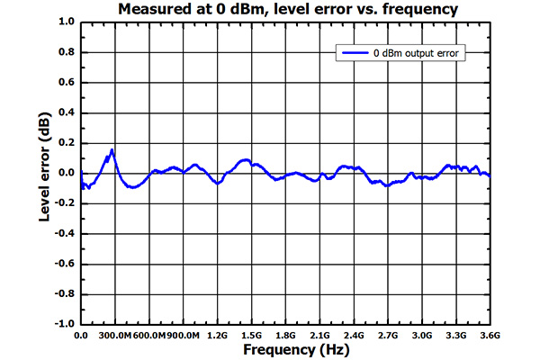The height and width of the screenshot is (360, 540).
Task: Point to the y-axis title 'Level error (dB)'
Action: pyautogui.click(x=44, y=172)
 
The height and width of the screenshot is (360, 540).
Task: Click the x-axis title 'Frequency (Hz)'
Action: pyautogui.click(x=285, y=349)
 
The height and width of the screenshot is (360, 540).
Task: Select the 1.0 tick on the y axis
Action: pyautogui.click(x=66, y=22)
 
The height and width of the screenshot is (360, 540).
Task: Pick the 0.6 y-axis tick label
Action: pyautogui.click(x=66, y=83)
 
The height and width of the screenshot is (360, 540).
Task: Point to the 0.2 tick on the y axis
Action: pyautogui.click(x=66, y=143)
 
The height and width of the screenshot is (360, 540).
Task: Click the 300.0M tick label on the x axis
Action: pyautogui.click(x=115, y=335)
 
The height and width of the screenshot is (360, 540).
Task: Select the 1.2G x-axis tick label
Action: pyautogui.click(x=217, y=335)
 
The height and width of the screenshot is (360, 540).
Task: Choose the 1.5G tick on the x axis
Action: pyautogui.click(x=251, y=335)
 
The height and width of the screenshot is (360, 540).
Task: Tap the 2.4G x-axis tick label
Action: pyautogui.click(x=353, y=335)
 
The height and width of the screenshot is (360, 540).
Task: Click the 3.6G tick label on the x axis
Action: pyautogui.click(x=489, y=335)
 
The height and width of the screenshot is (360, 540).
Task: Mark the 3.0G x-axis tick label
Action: pyautogui.click(x=421, y=335)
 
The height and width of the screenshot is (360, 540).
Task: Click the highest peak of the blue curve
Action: pyautogui.click(x=112, y=150)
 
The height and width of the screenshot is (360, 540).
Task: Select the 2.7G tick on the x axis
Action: pyautogui.click(x=387, y=335)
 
